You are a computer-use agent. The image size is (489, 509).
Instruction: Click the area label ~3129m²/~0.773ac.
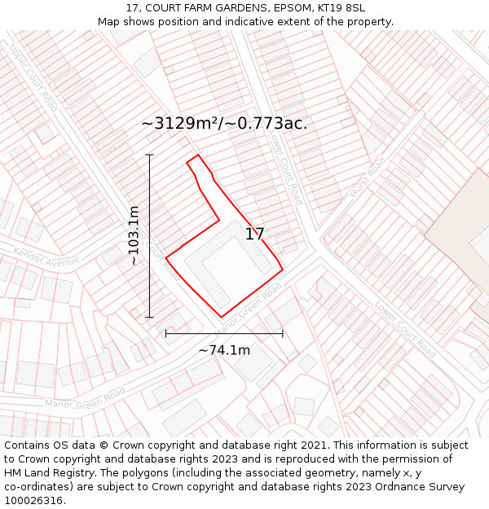(224, 124)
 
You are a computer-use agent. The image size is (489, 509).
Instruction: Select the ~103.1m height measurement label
(134, 236)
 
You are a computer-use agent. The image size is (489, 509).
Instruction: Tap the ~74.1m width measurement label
(224, 350)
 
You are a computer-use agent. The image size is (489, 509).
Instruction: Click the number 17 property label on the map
(254, 235)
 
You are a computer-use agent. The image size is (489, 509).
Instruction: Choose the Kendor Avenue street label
(46, 264)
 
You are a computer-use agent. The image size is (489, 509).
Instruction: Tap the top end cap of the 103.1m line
(150, 155)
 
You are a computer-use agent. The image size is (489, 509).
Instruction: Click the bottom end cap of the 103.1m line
(150, 317)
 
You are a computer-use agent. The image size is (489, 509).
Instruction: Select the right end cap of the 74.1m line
(283, 333)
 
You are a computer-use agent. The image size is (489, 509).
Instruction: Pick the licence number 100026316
(33, 501)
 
